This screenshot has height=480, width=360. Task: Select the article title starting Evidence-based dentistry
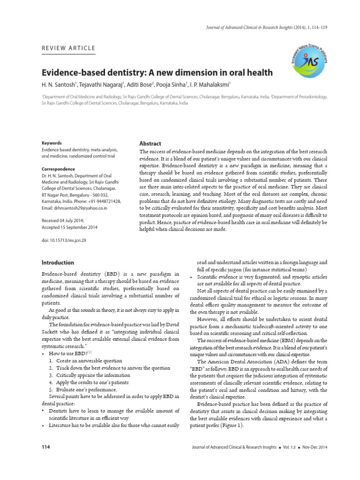[x=157, y=73]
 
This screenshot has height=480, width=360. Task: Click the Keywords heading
[x=52, y=143]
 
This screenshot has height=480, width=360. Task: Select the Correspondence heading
[x=58, y=169]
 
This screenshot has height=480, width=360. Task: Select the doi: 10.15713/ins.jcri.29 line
[x=64, y=240]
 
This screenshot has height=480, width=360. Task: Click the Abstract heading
[x=150, y=143]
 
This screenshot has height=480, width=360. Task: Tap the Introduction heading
[x=58, y=262]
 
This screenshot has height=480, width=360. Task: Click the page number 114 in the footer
[x=46, y=448]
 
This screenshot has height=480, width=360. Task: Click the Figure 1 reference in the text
[x=230, y=425]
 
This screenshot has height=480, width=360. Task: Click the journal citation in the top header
[x=266, y=28]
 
